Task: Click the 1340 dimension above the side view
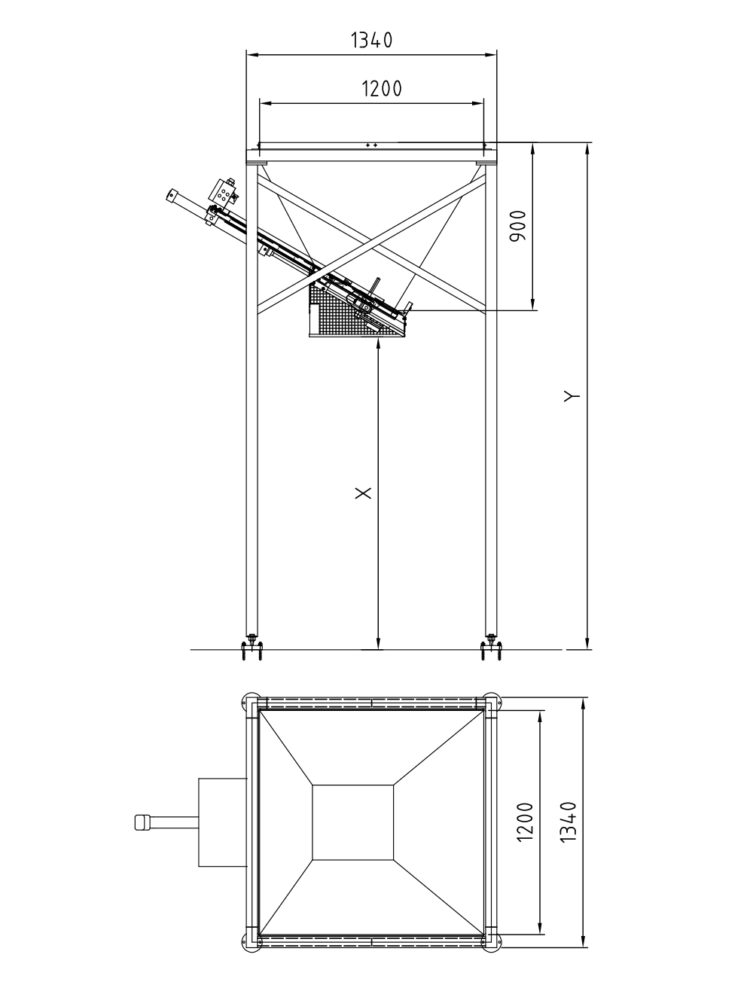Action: (x=371, y=40)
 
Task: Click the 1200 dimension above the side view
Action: (x=382, y=89)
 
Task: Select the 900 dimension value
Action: (x=518, y=226)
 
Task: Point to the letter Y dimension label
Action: (x=572, y=396)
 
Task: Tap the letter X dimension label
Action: (x=363, y=493)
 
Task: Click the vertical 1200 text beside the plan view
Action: (x=525, y=822)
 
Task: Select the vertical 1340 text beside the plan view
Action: (x=569, y=822)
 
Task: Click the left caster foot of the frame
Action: (x=252, y=648)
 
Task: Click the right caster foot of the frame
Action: (x=491, y=648)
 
